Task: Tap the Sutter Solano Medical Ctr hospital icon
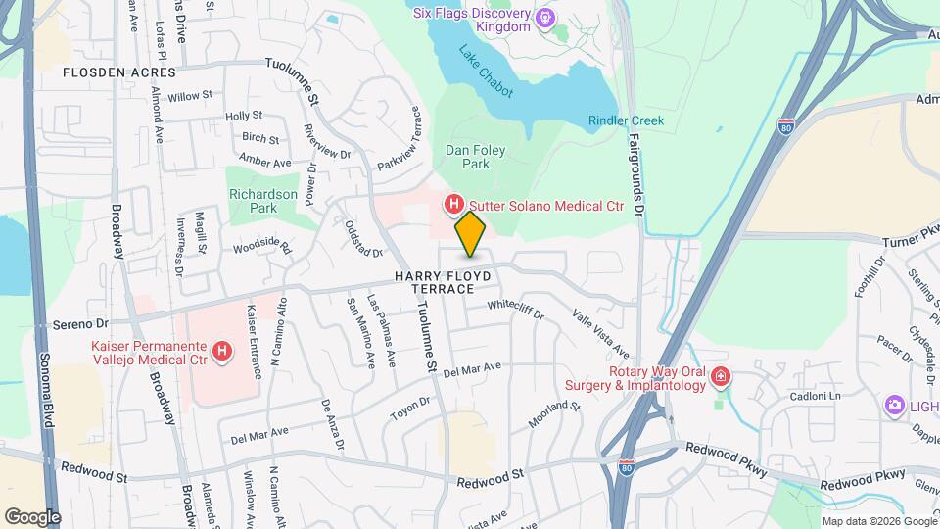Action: tap(454, 205)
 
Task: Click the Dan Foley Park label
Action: tap(467, 157)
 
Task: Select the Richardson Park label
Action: tap(262, 201)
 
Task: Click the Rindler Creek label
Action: tap(626, 120)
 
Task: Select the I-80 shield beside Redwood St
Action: tap(628, 469)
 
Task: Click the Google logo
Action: tap(32, 517)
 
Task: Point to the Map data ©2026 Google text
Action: tap(878, 521)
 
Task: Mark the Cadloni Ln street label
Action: tap(817, 396)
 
